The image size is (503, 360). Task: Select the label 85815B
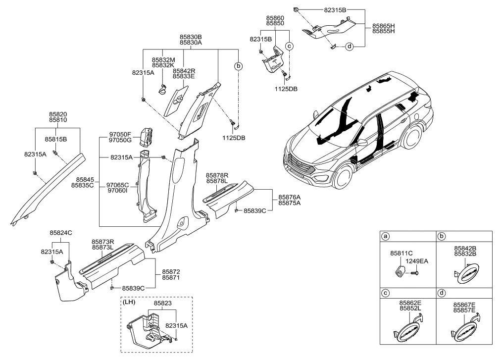(x=56, y=139)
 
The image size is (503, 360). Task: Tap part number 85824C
(x=61, y=232)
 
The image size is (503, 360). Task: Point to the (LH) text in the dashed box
(x=131, y=302)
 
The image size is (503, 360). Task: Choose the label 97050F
(x=120, y=134)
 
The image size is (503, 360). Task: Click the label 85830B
(x=191, y=37)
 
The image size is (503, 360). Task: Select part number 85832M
(x=163, y=59)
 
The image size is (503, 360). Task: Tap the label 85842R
(x=184, y=71)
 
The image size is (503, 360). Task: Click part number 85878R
(x=217, y=175)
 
